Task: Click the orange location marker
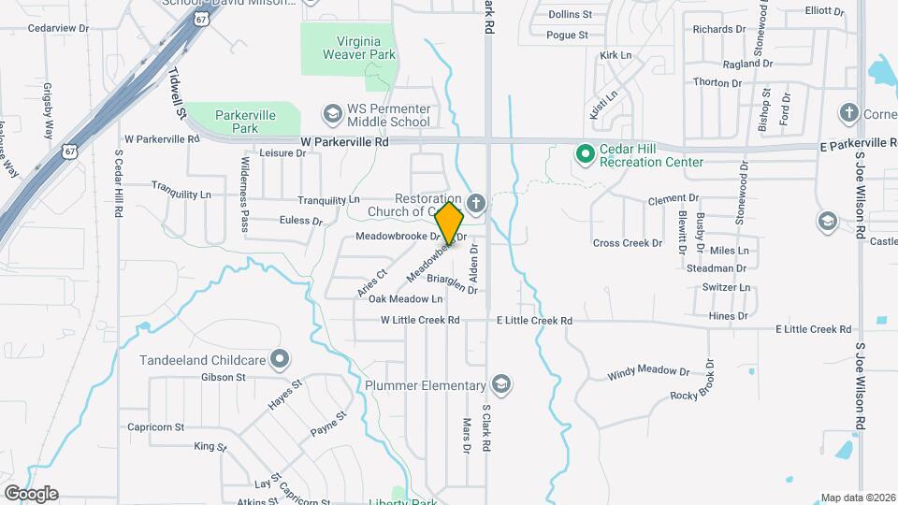pyautogui.click(x=450, y=224)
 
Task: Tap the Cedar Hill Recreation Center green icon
pyautogui.click(x=586, y=152)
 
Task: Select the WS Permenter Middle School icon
pyautogui.click(x=331, y=113)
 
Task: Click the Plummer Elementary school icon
pyautogui.click(x=502, y=385)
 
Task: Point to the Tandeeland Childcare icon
pyautogui.click(x=279, y=359)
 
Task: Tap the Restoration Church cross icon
pyautogui.click(x=476, y=203)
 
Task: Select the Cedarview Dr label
pyautogui.click(x=58, y=28)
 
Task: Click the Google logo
pyautogui.click(x=31, y=494)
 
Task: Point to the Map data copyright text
pyautogui.click(x=857, y=498)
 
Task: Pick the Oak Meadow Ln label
pyautogui.click(x=405, y=299)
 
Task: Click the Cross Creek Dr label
pyautogui.click(x=627, y=243)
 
